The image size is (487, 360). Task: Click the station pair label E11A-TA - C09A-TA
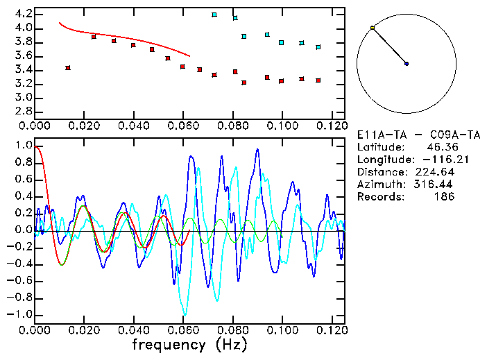407,135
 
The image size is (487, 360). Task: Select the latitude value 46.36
439,147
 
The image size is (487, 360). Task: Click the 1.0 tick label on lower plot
23,146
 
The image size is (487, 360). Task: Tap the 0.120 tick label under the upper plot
331,126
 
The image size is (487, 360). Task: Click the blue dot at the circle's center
407,64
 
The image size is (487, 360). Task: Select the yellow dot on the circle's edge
373,28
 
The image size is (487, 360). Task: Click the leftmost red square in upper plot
67,68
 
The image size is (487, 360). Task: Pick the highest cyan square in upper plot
214,15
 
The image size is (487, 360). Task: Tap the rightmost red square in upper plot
318,80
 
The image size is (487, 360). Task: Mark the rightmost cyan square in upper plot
318,47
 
